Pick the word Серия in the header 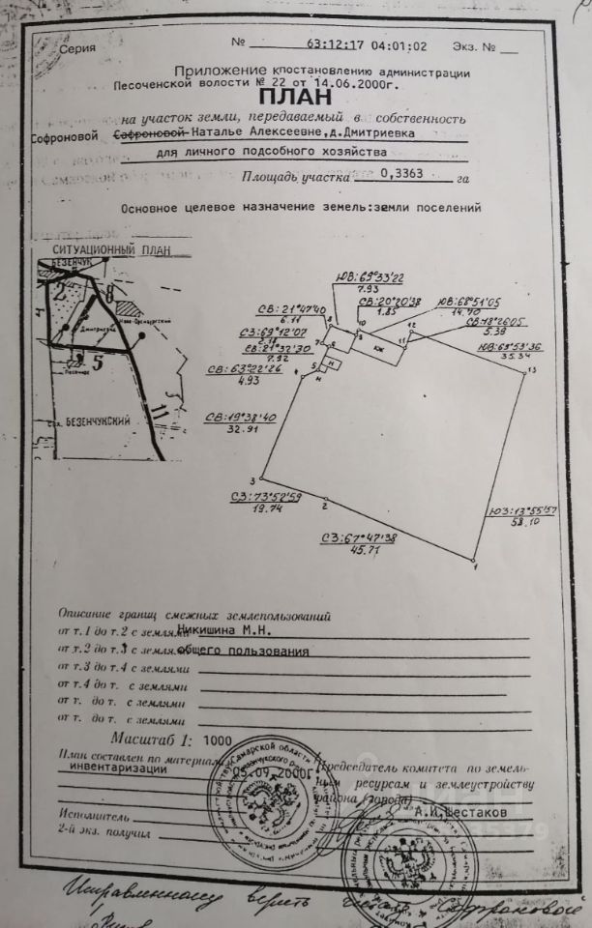[77, 46]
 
